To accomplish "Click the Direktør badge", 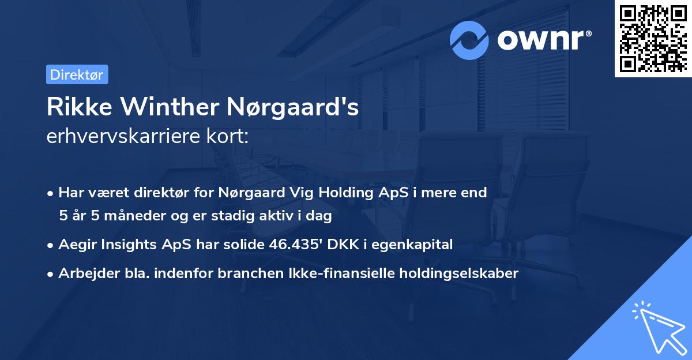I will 77,74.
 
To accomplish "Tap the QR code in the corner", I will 653,39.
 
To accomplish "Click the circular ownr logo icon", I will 469,40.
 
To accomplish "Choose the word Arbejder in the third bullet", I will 84,273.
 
